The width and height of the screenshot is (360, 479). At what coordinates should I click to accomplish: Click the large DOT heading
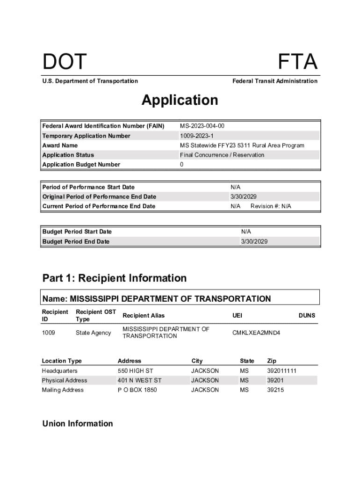(x=65, y=62)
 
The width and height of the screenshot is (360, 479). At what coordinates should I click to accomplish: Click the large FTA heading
(x=298, y=62)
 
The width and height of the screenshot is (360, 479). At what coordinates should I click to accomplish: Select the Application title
(x=180, y=100)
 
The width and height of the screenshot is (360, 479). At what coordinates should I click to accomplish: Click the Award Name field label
(x=60, y=145)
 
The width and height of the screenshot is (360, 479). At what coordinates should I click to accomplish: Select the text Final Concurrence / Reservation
(x=222, y=155)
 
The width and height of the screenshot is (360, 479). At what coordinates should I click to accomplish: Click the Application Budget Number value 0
(x=182, y=164)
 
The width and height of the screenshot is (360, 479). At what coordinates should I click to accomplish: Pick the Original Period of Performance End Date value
(x=244, y=196)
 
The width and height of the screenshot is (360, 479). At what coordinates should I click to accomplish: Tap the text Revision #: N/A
(x=271, y=206)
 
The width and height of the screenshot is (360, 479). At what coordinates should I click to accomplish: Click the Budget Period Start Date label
(x=77, y=232)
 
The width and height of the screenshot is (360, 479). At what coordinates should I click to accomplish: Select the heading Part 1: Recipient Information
(x=115, y=278)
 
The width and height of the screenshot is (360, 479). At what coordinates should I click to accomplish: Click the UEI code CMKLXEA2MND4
(x=255, y=333)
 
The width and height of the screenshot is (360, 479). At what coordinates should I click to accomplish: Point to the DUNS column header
(x=307, y=316)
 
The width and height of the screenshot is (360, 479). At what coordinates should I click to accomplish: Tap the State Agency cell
(x=94, y=333)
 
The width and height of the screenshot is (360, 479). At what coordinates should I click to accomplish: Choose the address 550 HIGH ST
(x=136, y=371)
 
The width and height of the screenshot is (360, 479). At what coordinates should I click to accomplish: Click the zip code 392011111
(x=281, y=371)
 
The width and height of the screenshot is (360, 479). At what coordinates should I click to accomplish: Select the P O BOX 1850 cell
(x=137, y=390)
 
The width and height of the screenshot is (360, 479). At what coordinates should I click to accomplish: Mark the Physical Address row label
(x=65, y=380)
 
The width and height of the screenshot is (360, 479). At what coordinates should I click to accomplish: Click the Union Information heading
(x=78, y=423)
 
